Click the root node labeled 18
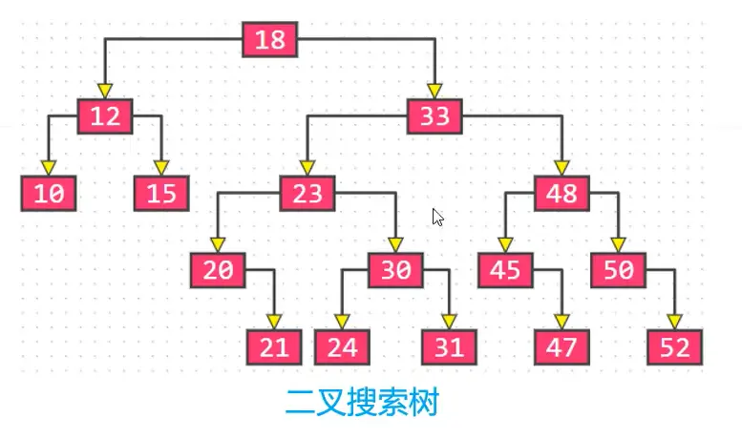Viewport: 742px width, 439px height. (271, 40)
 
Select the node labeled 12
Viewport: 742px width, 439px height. (105, 116)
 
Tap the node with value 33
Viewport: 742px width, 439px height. (435, 117)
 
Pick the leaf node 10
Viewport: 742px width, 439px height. (49, 194)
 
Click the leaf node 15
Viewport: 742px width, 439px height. (161, 194)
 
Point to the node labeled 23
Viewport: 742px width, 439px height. (307, 194)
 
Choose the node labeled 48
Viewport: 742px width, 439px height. (562, 194)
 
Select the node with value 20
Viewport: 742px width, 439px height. (218, 270)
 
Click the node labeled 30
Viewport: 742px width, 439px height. (396, 270)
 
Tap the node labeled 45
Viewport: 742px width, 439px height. (505, 270)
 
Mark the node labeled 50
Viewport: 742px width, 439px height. (618, 270)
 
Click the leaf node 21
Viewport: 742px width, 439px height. (274, 346)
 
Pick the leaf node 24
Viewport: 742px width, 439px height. (342, 346)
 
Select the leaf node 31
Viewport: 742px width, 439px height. (450, 346)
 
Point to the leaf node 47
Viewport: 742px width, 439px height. (562, 346)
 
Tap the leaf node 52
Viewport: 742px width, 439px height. (675, 346)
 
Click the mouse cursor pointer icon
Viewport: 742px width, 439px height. (437, 217)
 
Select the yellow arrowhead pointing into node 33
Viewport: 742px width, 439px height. (435, 93)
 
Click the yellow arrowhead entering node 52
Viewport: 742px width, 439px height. (675, 322)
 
